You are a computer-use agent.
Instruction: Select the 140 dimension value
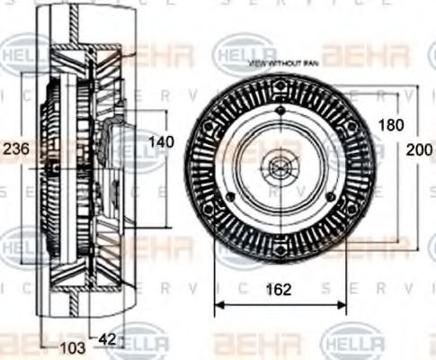(162, 142)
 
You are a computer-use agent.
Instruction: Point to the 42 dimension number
(107, 339)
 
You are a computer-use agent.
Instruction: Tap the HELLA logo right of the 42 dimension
(141, 344)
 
